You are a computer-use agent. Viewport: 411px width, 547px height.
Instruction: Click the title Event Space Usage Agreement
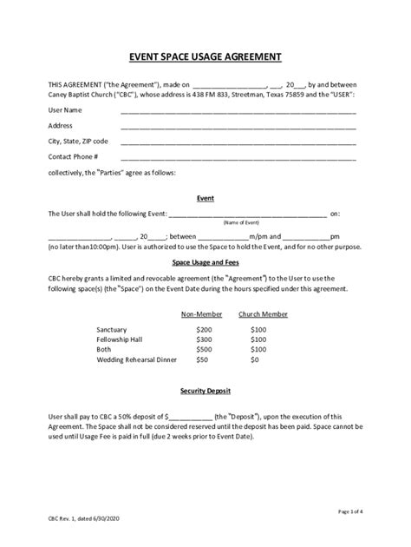(x=205, y=56)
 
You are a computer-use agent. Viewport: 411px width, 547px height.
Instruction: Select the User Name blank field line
(x=238, y=112)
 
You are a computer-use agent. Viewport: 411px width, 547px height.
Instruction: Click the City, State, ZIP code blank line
(x=238, y=142)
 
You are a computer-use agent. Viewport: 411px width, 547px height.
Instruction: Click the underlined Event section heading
(x=205, y=198)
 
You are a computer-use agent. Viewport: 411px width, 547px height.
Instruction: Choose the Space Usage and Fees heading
(x=205, y=261)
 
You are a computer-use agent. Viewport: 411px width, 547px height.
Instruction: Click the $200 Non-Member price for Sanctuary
(x=204, y=330)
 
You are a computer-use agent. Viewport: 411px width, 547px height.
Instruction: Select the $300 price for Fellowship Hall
(x=204, y=339)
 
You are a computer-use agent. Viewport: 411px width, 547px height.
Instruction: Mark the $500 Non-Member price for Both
(x=204, y=349)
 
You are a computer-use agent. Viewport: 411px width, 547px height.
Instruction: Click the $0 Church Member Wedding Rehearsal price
(x=255, y=359)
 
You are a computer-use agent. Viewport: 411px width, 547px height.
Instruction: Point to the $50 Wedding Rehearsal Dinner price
(x=202, y=359)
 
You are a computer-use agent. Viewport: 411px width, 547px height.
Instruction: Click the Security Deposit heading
(x=205, y=391)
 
